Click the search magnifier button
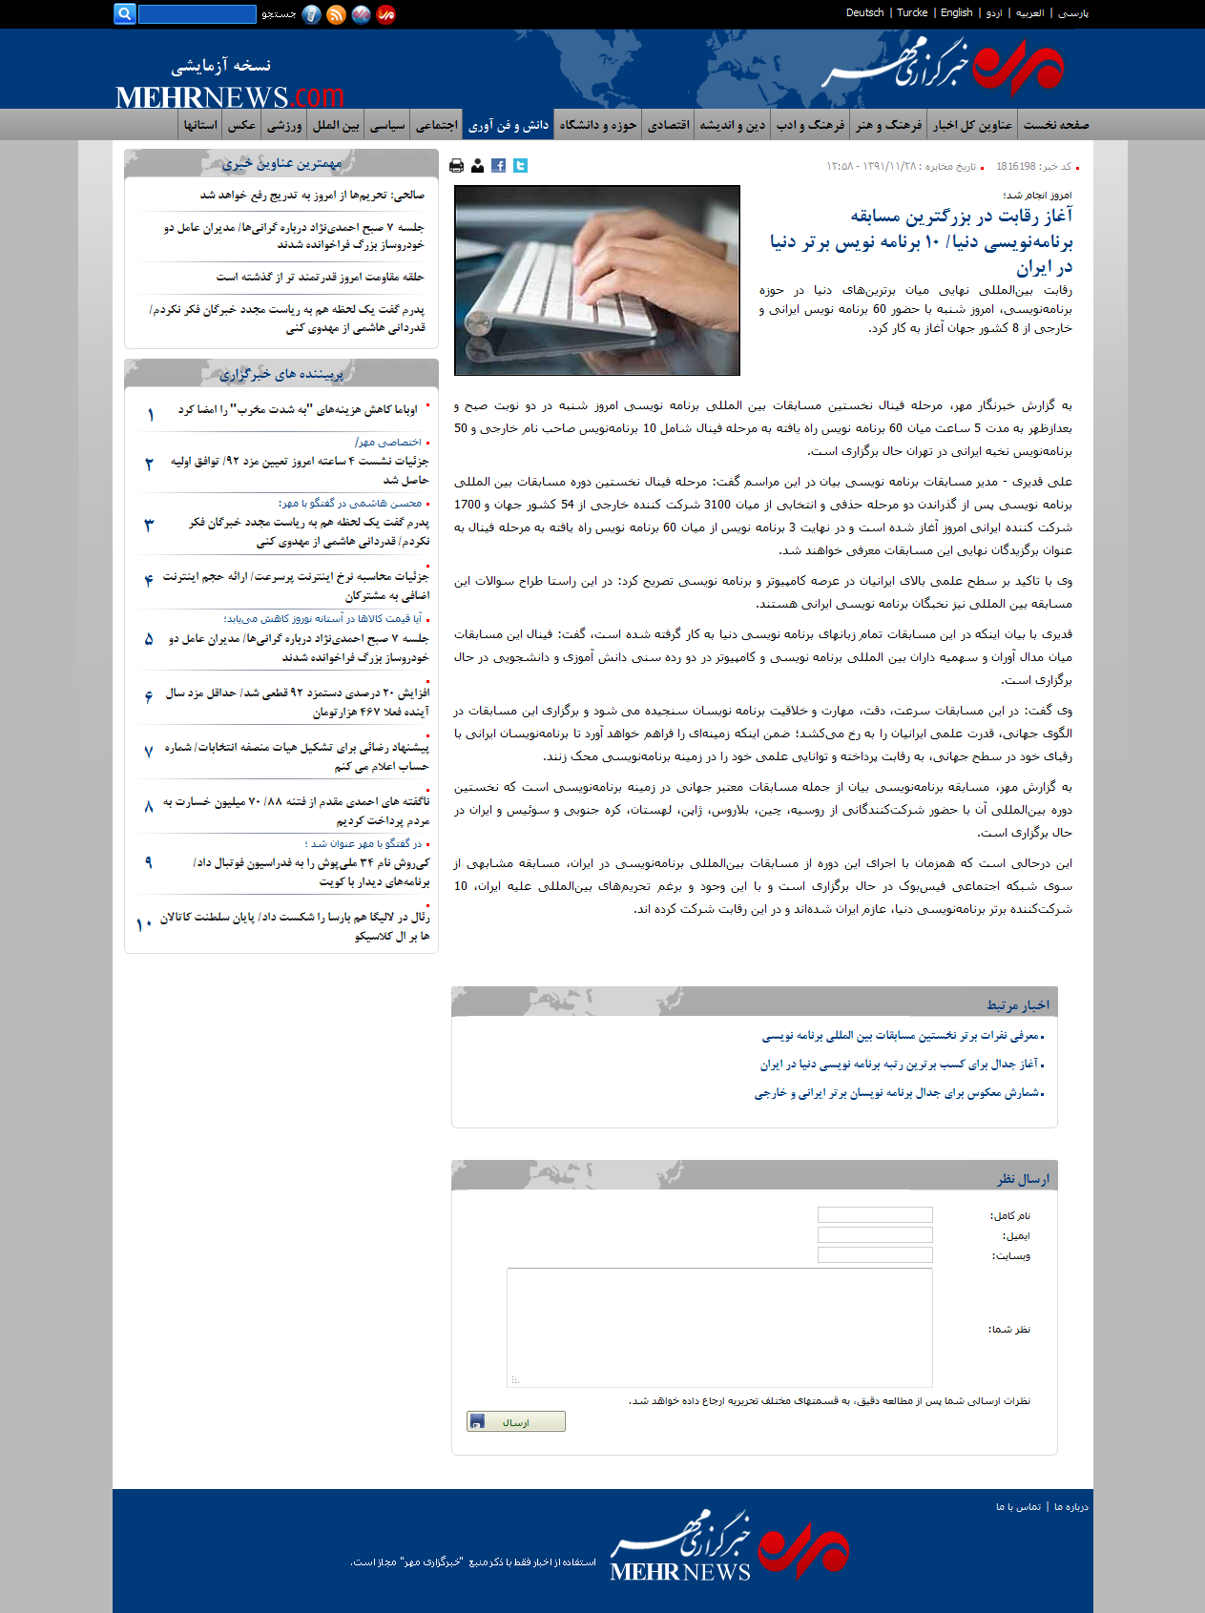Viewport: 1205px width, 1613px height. point(124,13)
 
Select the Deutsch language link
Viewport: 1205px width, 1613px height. point(864,13)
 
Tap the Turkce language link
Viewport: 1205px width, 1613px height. point(912,13)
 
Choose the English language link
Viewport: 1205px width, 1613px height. point(956,13)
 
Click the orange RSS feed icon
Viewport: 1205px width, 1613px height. point(336,14)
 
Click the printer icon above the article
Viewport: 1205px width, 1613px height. point(456,166)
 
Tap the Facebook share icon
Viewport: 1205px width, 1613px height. point(499,166)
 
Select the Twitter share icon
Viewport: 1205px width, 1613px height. point(520,166)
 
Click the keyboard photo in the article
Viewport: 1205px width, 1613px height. point(597,279)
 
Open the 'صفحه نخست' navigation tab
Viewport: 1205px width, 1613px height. point(1056,125)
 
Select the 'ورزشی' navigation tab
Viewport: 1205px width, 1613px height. point(284,125)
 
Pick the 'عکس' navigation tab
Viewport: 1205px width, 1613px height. point(241,125)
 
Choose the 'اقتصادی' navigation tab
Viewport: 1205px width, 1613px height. point(669,125)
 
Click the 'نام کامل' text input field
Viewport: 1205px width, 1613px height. point(875,1215)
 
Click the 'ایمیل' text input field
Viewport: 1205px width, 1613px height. point(875,1235)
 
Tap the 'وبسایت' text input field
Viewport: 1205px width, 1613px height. point(875,1255)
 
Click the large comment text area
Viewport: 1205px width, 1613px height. point(719,1327)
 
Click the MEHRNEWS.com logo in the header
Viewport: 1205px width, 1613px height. point(229,96)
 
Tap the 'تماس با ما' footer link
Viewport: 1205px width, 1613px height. point(1018,1507)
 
